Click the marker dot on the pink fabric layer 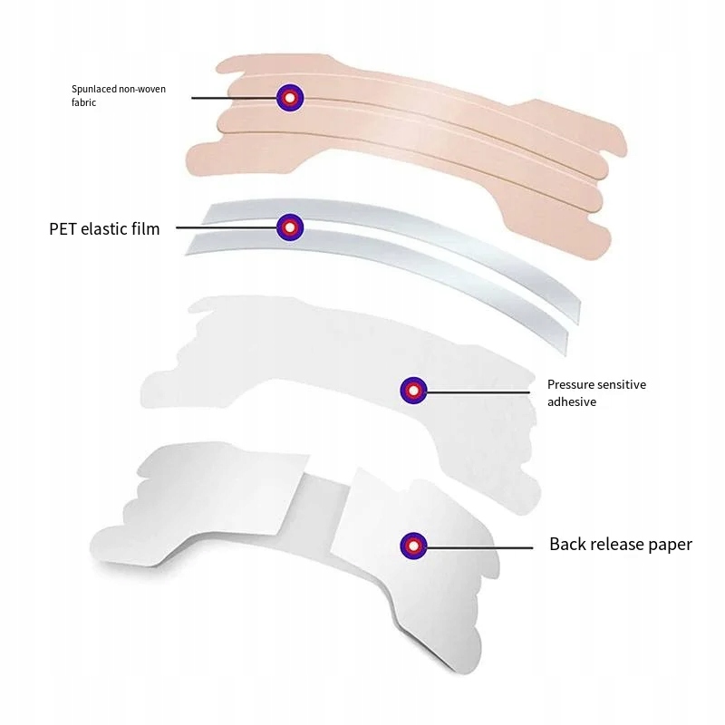(289, 97)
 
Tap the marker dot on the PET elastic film (289, 227)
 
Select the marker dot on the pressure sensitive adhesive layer (413, 391)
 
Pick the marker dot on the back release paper (413, 546)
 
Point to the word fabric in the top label (84, 102)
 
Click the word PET (64, 229)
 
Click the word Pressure (569, 384)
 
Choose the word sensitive (621, 384)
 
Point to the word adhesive (572, 401)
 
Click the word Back (567, 545)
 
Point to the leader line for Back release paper (480, 546)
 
